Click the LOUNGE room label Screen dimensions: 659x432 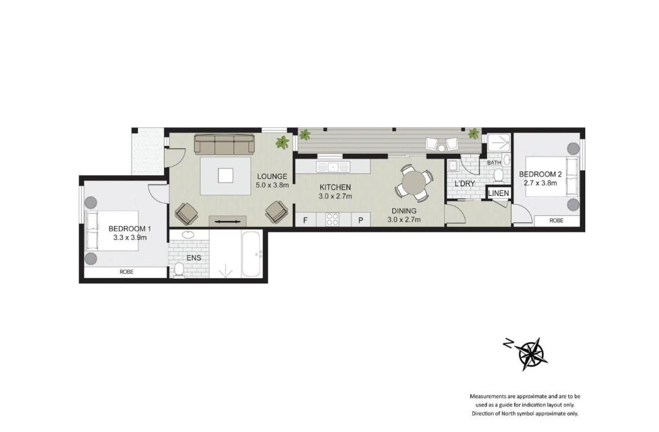point(272,176)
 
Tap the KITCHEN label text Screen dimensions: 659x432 point(335,187)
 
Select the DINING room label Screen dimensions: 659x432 point(404,211)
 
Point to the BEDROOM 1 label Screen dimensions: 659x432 point(129,229)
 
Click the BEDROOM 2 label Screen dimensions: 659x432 point(540,175)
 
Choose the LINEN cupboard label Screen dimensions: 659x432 point(499,193)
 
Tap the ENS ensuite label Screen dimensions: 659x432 point(194,258)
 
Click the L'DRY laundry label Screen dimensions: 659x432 point(464,184)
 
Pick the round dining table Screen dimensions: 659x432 point(414,182)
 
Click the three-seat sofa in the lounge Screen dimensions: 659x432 point(225,144)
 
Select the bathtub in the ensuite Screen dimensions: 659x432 point(252,254)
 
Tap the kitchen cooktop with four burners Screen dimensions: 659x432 point(333,220)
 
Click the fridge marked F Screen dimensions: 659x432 point(306,220)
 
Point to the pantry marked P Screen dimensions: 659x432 point(361,220)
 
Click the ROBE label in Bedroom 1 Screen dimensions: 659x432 point(126,272)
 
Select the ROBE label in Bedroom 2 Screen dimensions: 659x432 point(556,221)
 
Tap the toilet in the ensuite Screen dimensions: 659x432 point(179,270)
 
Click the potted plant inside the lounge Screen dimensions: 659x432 point(282,142)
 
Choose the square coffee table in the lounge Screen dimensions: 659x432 point(226,176)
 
